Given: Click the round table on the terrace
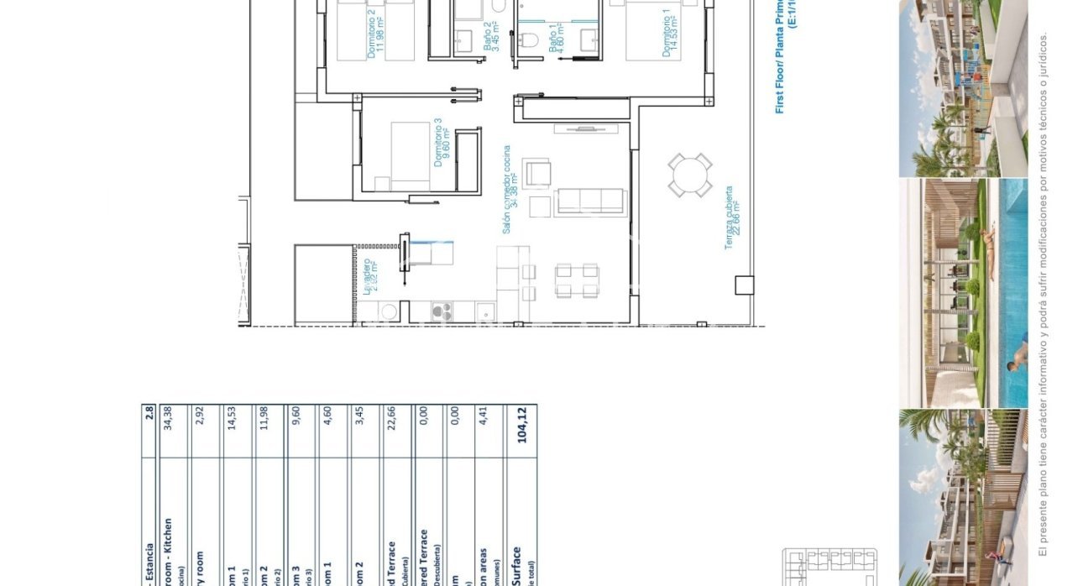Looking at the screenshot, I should coord(691,175).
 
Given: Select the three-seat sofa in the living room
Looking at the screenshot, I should coord(592,201).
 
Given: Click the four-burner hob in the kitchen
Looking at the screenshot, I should coord(442,312).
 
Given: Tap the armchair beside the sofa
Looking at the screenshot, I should coord(537,174).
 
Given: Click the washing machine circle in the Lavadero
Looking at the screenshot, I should coord(389,312).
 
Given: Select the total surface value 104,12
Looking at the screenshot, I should coord(525,425).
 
